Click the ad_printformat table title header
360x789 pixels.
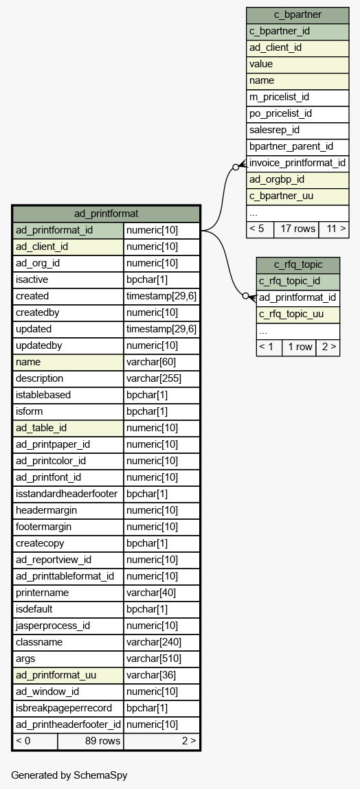[x=106, y=214]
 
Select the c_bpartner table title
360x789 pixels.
[x=297, y=14]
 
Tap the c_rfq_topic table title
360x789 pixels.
[x=298, y=264]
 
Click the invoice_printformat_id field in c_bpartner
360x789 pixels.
[x=297, y=163]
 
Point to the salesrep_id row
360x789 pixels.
[x=297, y=130]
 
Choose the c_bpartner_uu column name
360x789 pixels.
[x=297, y=196]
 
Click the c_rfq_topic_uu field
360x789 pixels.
[x=298, y=315]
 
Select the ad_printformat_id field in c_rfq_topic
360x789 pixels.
[x=298, y=298]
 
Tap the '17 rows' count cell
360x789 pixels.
[x=297, y=229]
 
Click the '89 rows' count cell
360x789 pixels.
[x=91, y=741]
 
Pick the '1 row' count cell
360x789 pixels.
[x=299, y=347]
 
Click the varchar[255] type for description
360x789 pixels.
[x=161, y=378]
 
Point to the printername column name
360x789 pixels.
[x=68, y=593]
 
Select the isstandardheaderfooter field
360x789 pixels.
[x=68, y=494]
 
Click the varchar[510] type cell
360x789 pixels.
[x=161, y=659]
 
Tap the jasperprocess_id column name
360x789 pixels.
[x=68, y=626]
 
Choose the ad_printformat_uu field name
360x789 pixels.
[x=68, y=675]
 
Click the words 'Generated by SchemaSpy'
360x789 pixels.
[x=69, y=775]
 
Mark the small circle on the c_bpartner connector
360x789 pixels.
[x=236, y=167]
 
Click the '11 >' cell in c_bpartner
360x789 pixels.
[x=334, y=229]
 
